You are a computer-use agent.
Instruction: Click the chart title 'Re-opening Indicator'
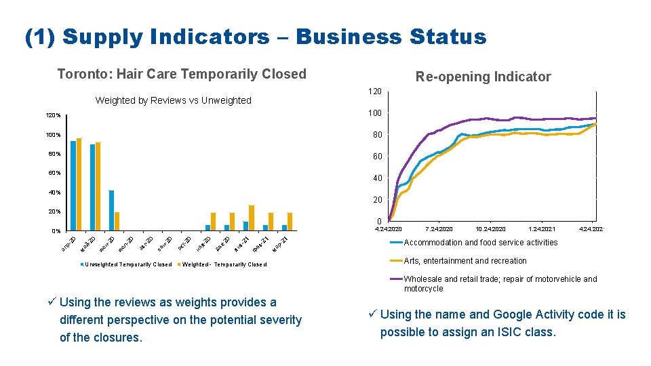(x=483, y=77)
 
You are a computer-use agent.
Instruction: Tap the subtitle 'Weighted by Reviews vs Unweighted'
(x=173, y=100)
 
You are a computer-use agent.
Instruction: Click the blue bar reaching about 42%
(x=111, y=210)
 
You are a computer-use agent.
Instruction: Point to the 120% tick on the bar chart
(x=54, y=116)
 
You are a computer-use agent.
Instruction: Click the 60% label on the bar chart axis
(x=54, y=174)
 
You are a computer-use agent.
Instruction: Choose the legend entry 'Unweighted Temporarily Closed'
(x=127, y=264)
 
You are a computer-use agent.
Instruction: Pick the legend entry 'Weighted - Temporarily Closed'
(x=224, y=264)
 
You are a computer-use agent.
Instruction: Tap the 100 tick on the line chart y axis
(x=374, y=113)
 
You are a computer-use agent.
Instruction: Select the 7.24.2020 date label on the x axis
(x=439, y=229)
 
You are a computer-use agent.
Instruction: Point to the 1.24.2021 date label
(x=541, y=229)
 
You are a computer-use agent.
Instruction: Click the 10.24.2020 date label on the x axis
(x=490, y=229)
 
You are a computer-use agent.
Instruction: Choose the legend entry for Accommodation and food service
(x=480, y=243)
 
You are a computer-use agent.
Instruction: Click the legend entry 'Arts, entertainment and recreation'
(x=465, y=261)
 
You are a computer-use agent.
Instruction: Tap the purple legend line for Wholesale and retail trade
(x=395, y=279)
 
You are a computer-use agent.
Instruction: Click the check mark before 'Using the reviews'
(x=53, y=302)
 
